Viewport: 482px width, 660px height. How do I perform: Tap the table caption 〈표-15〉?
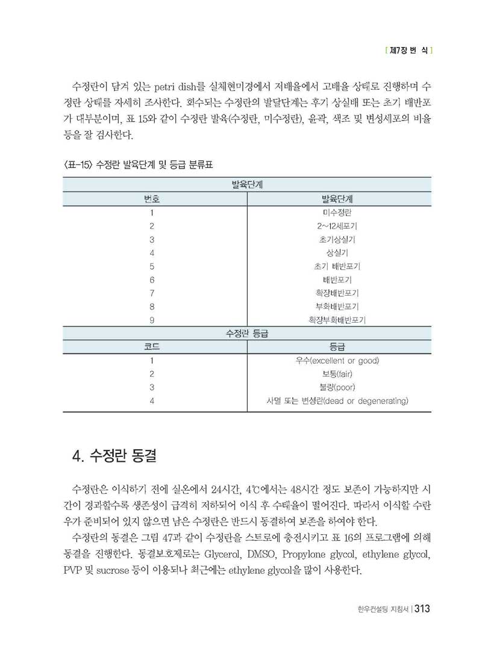pos(78,164)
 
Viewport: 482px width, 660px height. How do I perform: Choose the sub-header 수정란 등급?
pos(246,333)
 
